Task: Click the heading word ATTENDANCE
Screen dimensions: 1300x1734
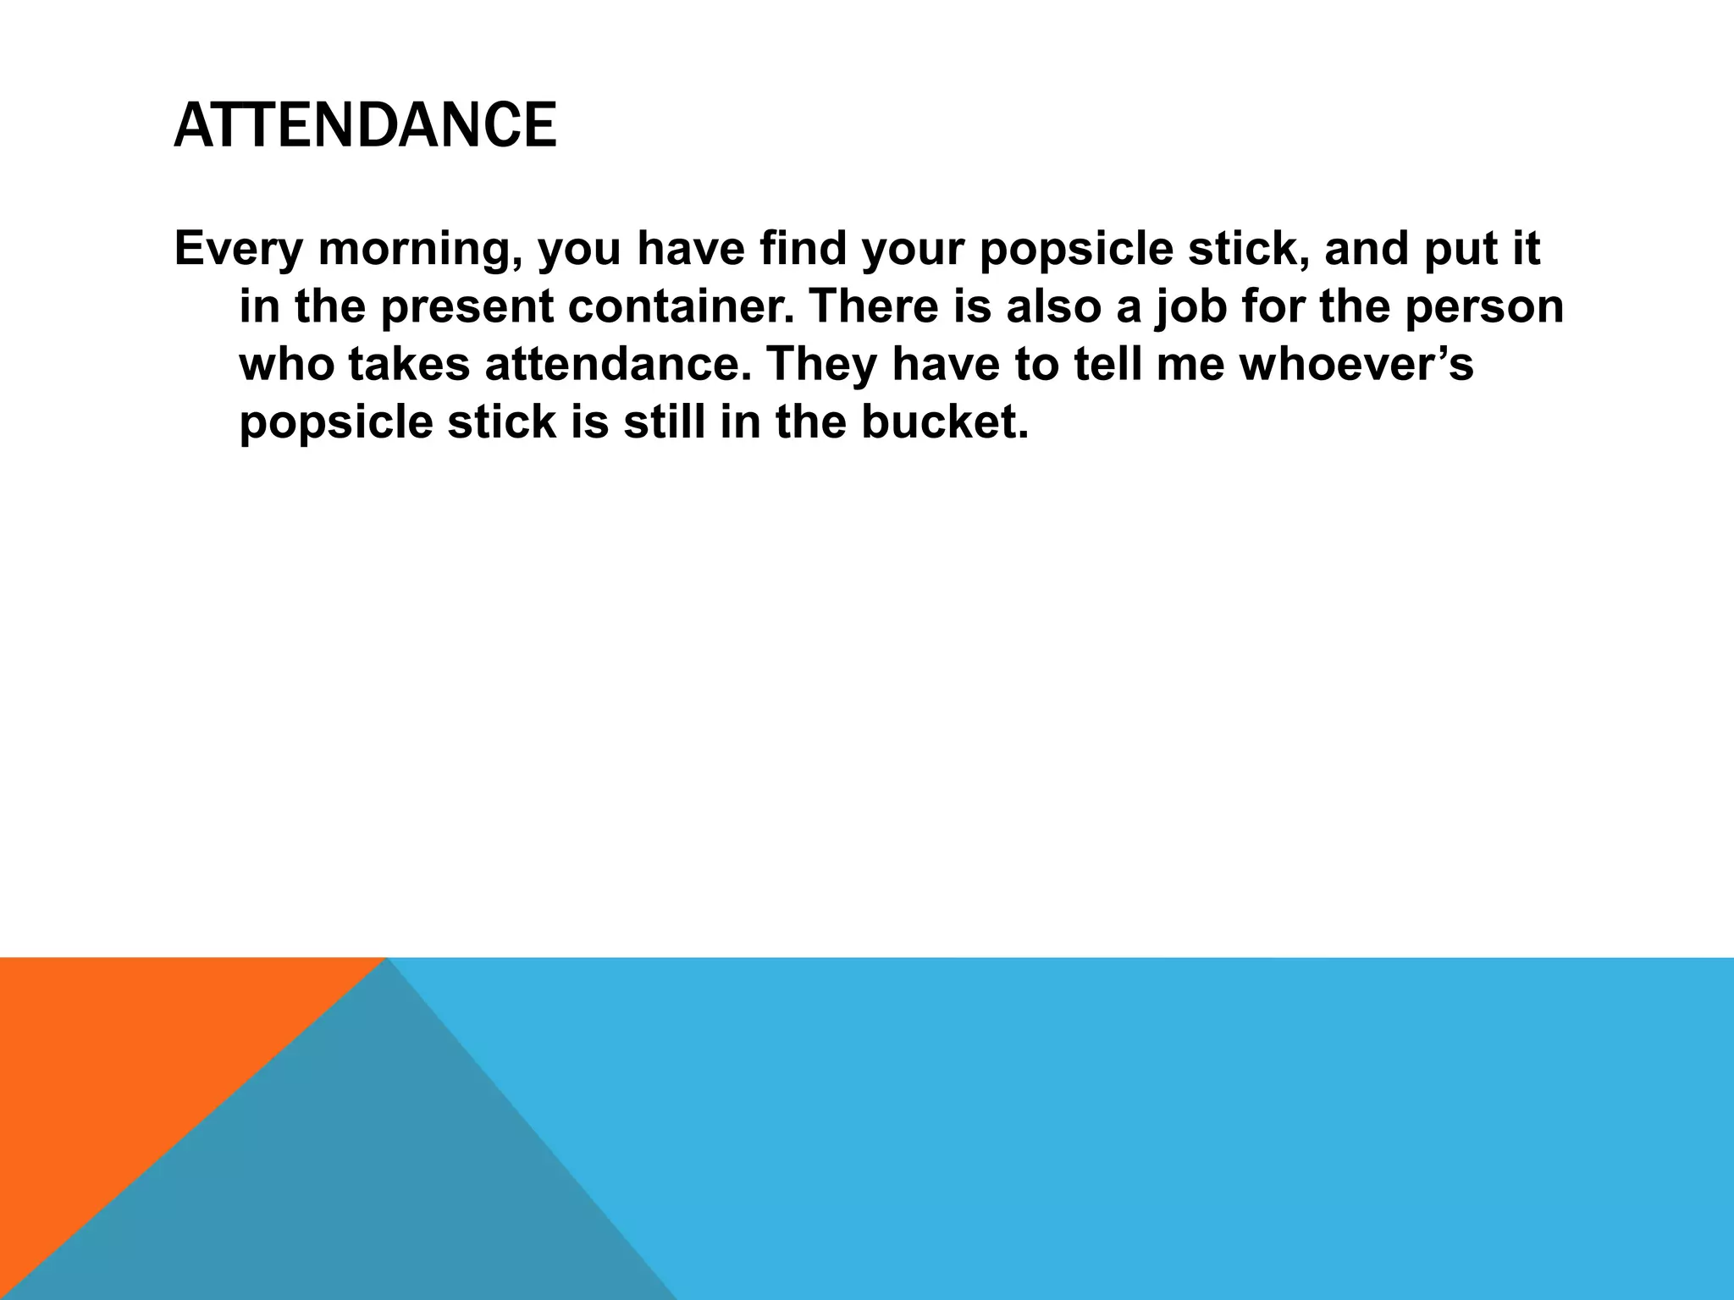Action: pos(365,125)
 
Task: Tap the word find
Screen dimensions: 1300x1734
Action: pos(803,249)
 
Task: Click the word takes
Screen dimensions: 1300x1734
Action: pos(408,364)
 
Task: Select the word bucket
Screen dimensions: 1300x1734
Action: pos(944,421)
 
